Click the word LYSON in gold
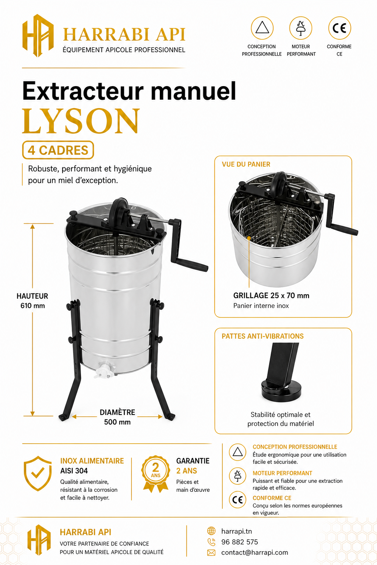click(81, 121)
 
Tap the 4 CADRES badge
click(58, 150)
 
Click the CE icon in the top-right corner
click(339, 28)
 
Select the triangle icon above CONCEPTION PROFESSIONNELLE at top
click(262, 28)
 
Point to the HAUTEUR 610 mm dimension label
click(32, 301)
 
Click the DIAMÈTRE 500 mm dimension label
click(117, 417)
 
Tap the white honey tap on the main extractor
click(104, 370)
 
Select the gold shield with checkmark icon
click(38, 473)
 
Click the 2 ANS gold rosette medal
click(155, 473)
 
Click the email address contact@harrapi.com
click(254, 552)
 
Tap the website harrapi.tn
click(237, 531)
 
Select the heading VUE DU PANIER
click(246, 164)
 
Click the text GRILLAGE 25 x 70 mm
click(271, 295)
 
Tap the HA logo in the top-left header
click(38, 36)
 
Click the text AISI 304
click(74, 471)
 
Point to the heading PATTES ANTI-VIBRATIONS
click(263, 336)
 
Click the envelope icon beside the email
click(211, 552)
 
